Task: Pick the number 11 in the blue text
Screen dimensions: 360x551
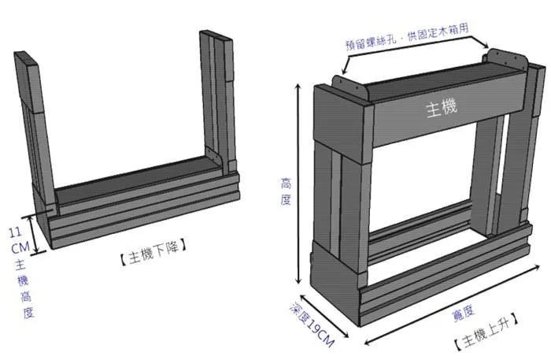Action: (x=14, y=233)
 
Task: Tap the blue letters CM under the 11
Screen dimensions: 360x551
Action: (x=16, y=247)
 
